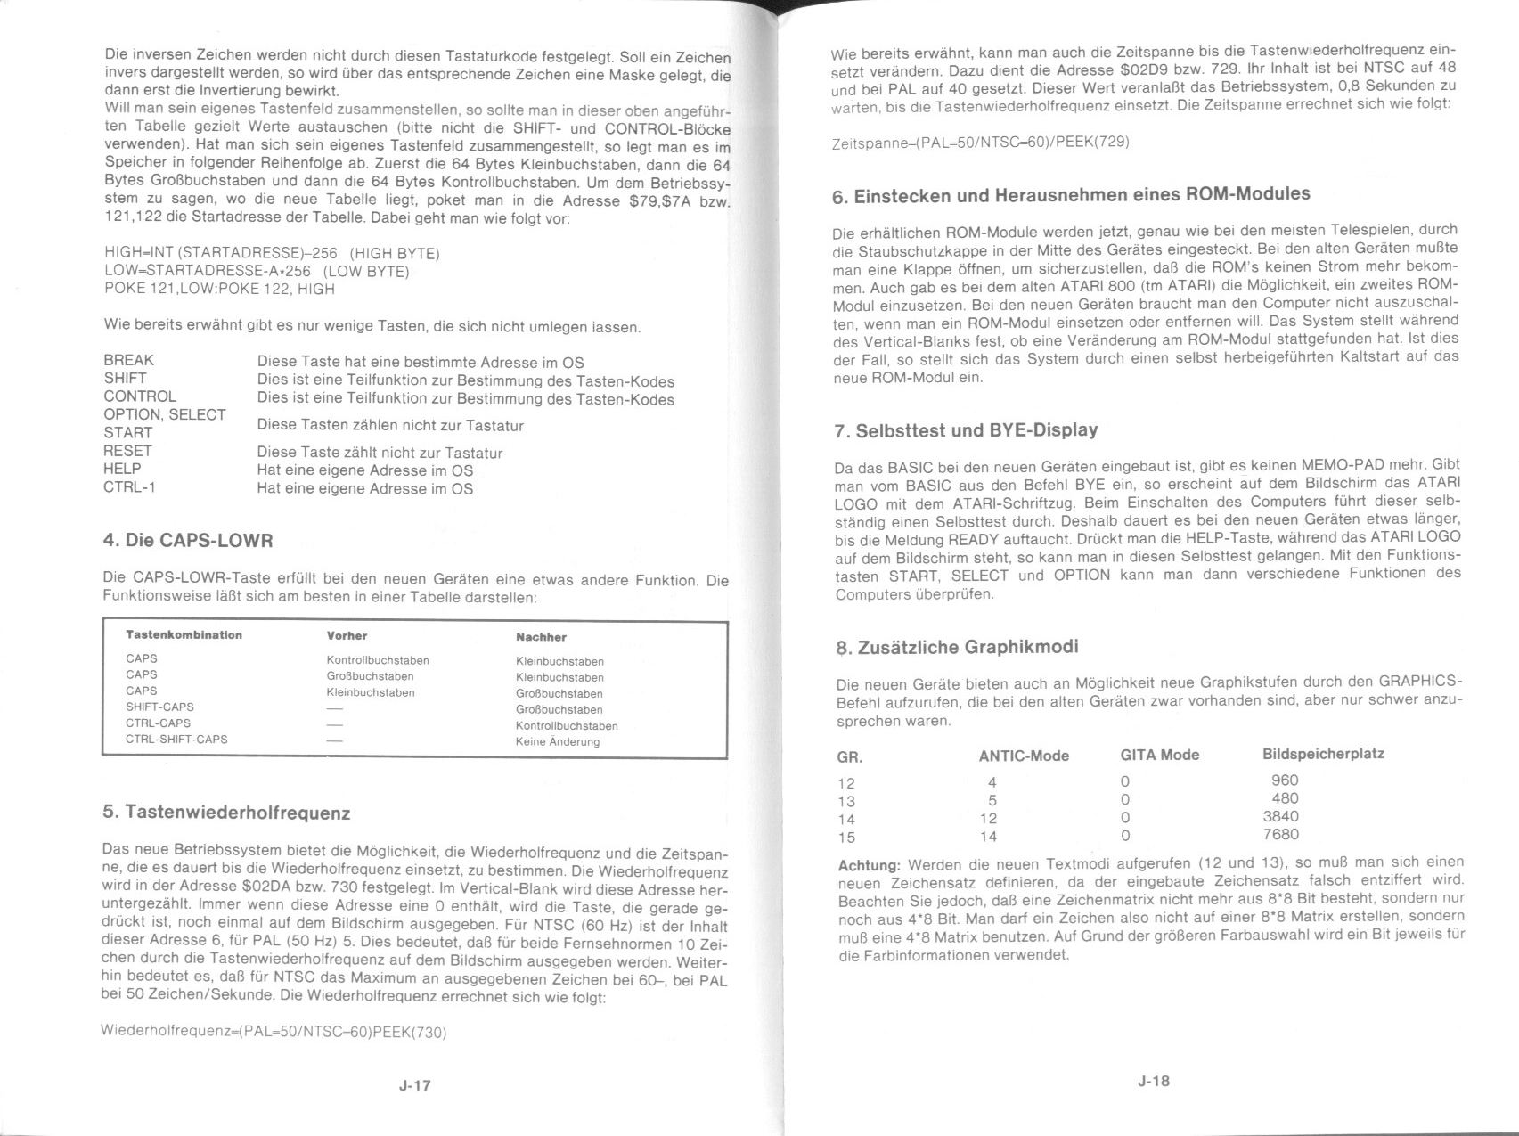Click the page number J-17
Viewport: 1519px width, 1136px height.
(x=415, y=1085)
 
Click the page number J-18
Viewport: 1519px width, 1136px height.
(x=1153, y=1081)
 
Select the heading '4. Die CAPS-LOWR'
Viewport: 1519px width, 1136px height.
(x=188, y=541)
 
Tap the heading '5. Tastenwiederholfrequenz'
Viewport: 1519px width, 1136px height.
(x=226, y=813)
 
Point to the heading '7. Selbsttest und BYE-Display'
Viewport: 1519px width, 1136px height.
(x=966, y=430)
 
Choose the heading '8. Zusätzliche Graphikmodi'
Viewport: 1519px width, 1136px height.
(x=957, y=647)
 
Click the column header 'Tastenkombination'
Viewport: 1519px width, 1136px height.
(x=184, y=635)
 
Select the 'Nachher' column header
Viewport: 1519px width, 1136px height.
(x=541, y=637)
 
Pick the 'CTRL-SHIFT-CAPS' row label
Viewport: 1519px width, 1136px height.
(x=176, y=740)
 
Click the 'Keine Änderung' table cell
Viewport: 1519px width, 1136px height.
(x=557, y=742)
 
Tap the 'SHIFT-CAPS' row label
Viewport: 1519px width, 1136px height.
(x=159, y=707)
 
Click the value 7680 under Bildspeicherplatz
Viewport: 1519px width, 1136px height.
(x=1280, y=835)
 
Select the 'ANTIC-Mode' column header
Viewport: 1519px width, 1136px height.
(x=1024, y=756)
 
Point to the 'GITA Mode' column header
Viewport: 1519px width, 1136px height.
(x=1159, y=756)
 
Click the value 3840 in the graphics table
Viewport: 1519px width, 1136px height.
(x=1280, y=817)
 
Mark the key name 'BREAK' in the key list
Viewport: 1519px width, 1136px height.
(x=128, y=360)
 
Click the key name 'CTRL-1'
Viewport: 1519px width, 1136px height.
(x=129, y=487)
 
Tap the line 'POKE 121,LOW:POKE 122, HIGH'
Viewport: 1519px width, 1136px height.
(x=219, y=289)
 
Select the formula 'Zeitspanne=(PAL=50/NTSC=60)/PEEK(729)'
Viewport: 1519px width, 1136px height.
(x=980, y=143)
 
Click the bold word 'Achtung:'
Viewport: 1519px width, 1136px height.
(x=870, y=866)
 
